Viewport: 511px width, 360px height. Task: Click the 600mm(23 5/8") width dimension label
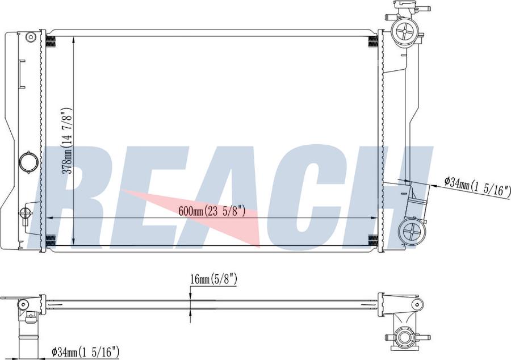pos(212,211)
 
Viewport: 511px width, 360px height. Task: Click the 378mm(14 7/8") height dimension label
pos(67,140)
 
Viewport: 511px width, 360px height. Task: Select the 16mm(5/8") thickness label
pos(214,279)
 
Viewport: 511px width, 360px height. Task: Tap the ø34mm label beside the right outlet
pos(478,186)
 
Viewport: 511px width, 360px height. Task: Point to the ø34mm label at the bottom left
pos(85,352)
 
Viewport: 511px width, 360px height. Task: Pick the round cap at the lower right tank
pos(412,231)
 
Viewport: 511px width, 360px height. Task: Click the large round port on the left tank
pos(29,162)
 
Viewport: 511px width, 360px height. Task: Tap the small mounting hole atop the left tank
pos(31,37)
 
